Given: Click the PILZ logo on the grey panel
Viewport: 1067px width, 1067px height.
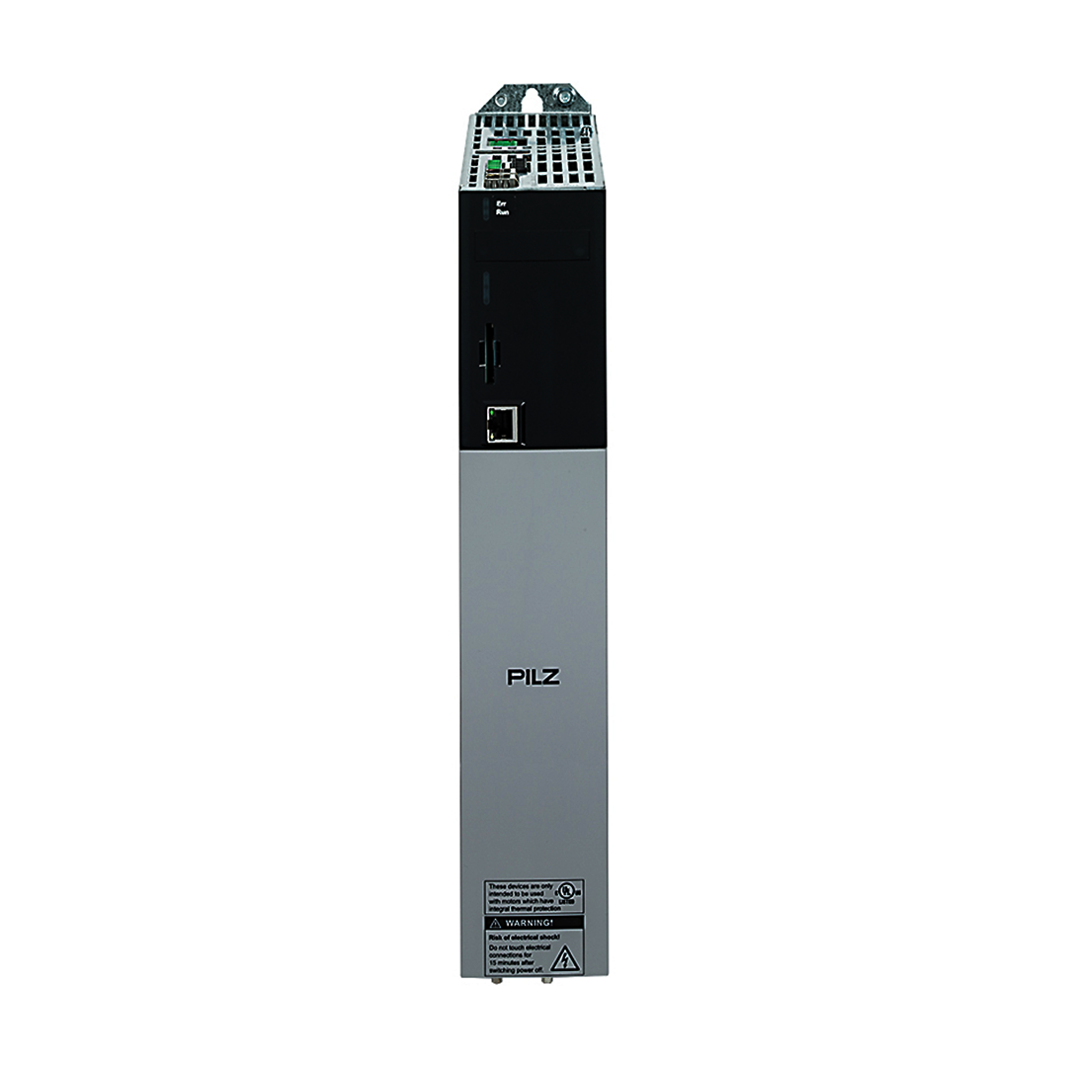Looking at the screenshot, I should tap(533, 678).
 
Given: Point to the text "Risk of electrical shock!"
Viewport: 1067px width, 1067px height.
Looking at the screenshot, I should tap(520, 936).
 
